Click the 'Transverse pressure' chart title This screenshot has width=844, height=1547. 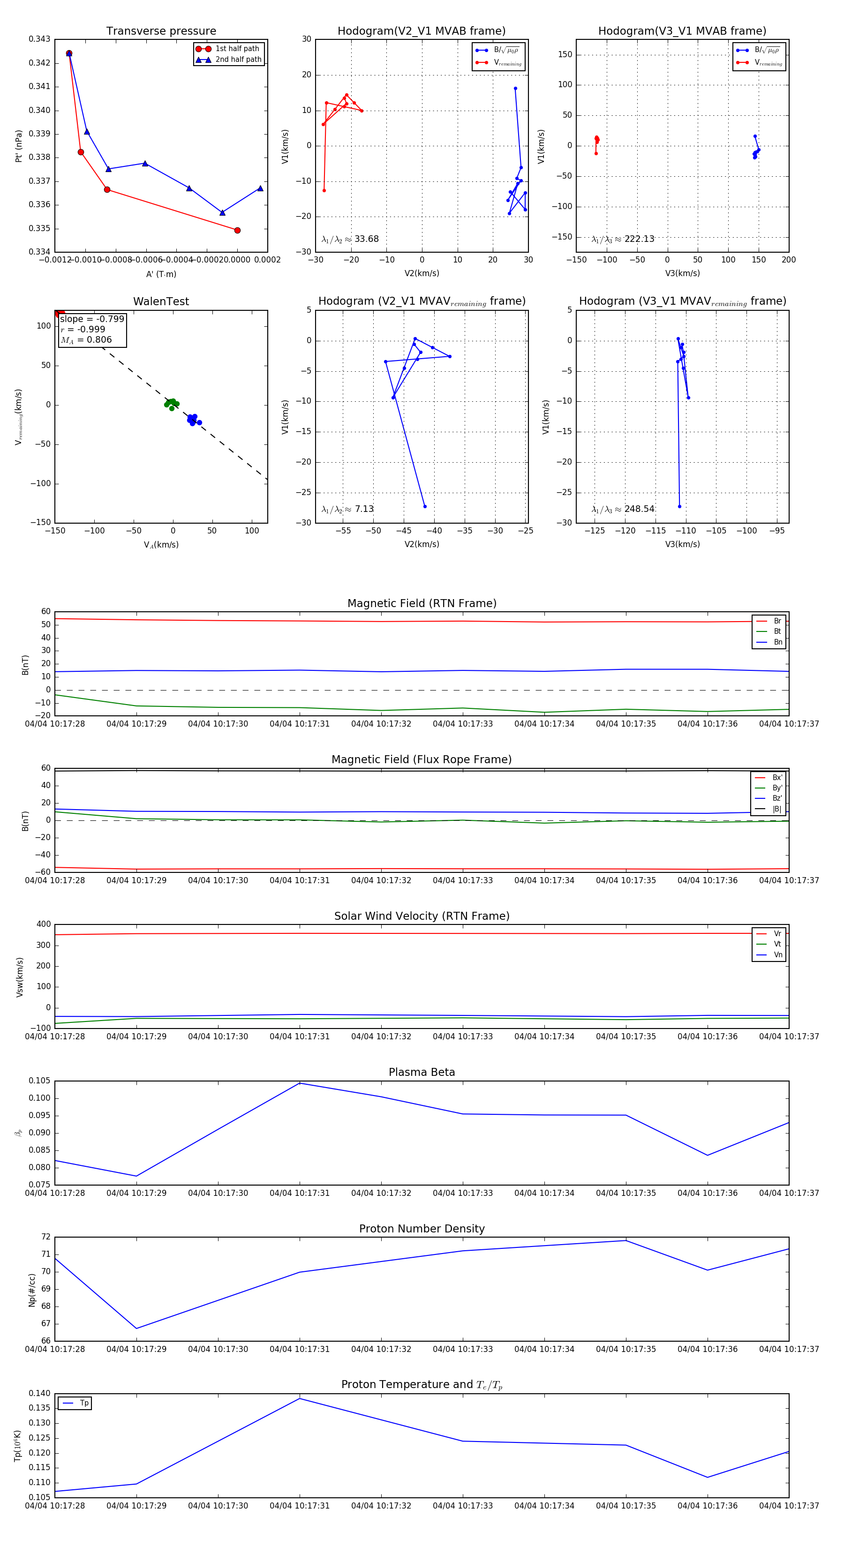click(161, 31)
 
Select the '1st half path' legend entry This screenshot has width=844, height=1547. click(237, 49)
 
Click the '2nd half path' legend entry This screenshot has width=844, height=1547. click(238, 60)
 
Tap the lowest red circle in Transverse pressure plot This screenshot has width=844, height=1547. click(237, 230)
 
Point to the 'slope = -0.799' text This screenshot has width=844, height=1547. click(92, 319)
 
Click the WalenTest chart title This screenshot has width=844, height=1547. click(161, 301)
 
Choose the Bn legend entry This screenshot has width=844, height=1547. click(777, 642)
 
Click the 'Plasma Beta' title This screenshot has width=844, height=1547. click(422, 1072)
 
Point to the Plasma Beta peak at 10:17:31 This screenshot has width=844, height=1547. click(300, 1083)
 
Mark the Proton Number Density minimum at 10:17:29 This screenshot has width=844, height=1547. click(136, 1329)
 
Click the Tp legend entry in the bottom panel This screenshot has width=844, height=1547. click(83, 1403)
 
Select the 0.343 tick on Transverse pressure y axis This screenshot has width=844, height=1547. click(40, 39)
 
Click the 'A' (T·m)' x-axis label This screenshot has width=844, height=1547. click(161, 274)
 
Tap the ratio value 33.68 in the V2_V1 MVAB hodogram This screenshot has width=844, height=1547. click(366, 239)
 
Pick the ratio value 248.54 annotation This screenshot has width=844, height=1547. click(639, 509)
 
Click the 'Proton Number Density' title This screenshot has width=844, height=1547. click(422, 1228)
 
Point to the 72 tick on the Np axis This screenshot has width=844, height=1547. click(45, 1237)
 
